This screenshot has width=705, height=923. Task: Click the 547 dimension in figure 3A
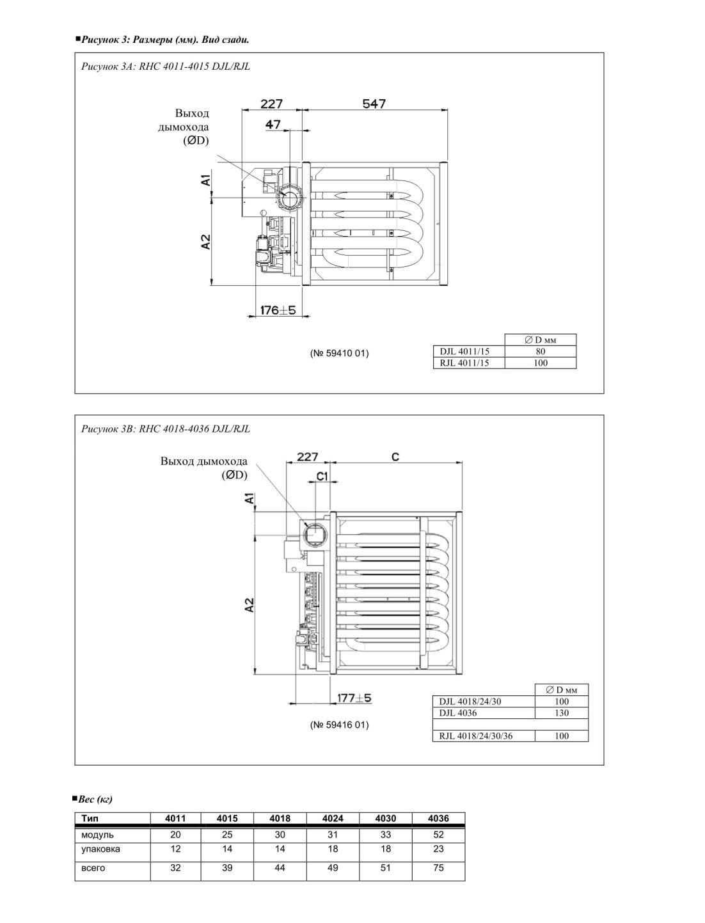tap(374, 104)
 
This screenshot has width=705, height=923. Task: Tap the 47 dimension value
tap(273, 124)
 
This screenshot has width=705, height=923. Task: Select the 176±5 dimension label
tap(278, 310)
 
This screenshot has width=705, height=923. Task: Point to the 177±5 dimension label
tap(354, 698)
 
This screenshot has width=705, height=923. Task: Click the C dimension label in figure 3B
tap(395, 457)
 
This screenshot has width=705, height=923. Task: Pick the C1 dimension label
tap(322, 477)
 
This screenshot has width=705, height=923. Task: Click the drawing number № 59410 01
tap(339, 353)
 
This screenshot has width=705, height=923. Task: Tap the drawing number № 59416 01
tap(339, 725)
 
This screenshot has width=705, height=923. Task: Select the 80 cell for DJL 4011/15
tap(540, 352)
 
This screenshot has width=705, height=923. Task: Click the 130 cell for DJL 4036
tap(562, 713)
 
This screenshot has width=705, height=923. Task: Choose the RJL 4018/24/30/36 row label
tap(476, 736)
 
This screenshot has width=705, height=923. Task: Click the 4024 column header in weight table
tap(333, 818)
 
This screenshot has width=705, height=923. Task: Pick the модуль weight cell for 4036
tap(438, 835)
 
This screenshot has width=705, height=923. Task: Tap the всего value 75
tap(438, 868)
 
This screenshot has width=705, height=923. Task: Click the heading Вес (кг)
tap(95, 799)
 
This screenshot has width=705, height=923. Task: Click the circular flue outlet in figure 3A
tap(290, 198)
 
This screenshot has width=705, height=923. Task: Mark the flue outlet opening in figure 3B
tap(314, 535)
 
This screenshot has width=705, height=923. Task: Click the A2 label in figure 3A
tap(205, 242)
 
